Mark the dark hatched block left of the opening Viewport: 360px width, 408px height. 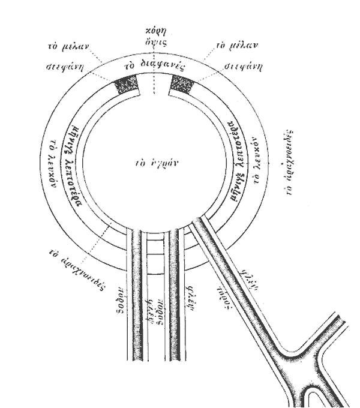tap(127, 85)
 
